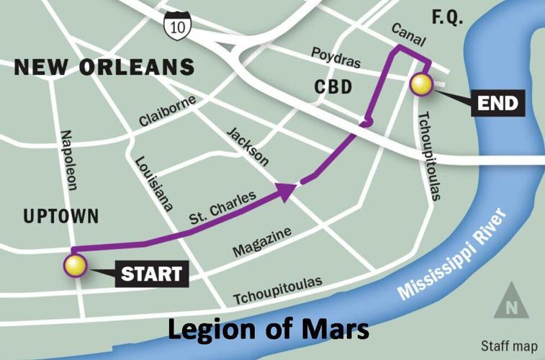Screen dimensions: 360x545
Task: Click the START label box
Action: click(x=150, y=274)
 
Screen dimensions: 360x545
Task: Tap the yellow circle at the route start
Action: click(x=75, y=266)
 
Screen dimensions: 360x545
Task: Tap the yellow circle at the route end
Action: click(x=421, y=85)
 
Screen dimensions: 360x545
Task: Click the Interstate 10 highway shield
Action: click(x=176, y=25)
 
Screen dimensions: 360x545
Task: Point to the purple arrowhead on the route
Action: click(x=287, y=191)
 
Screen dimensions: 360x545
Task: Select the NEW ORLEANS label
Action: click(x=104, y=68)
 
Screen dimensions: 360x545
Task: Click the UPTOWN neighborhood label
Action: click(x=60, y=216)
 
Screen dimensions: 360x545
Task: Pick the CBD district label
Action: click(x=333, y=88)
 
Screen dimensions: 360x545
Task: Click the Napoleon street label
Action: click(x=68, y=160)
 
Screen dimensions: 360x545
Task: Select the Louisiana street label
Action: click(x=153, y=183)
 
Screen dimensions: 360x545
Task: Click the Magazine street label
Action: click(x=262, y=242)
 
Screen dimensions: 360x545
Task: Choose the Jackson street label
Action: click(x=247, y=146)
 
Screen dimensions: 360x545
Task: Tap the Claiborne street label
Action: click(x=167, y=112)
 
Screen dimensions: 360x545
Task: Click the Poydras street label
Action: click(x=335, y=58)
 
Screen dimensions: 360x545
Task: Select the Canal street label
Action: click(x=408, y=32)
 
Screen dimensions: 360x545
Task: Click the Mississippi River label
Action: click(x=453, y=256)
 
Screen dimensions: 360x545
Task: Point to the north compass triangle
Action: click(x=510, y=301)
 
